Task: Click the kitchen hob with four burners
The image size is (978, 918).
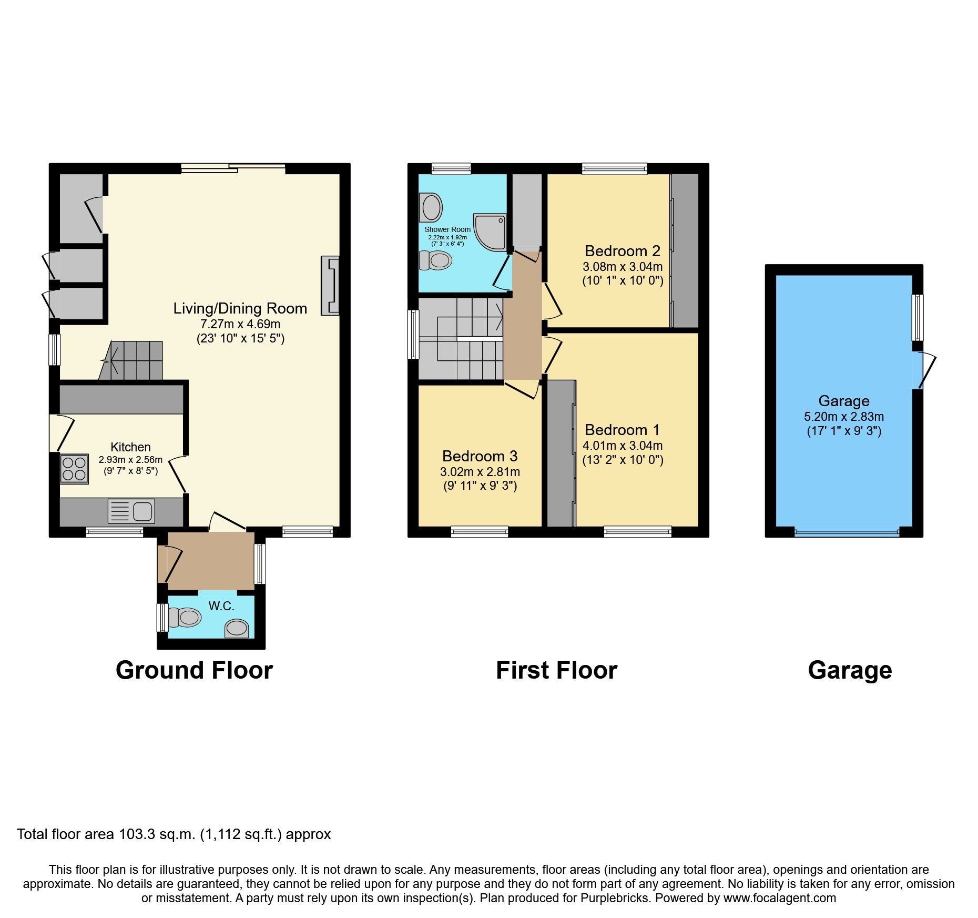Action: (74, 469)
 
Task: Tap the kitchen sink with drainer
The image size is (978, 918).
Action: (131, 511)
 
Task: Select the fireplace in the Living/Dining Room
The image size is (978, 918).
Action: (331, 286)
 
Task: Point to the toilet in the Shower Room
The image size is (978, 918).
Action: (436, 259)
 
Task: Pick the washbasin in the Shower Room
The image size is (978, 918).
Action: (432, 207)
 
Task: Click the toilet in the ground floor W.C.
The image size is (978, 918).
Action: (186, 617)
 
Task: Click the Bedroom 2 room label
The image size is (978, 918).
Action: (622, 251)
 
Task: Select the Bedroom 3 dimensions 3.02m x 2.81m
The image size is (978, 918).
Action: (480, 472)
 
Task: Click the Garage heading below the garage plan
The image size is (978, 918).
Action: (850, 671)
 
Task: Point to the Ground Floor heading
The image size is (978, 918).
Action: (194, 671)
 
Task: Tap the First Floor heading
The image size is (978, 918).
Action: (556, 671)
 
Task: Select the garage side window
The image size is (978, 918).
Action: (918, 317)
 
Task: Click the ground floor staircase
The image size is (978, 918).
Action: (134, 361)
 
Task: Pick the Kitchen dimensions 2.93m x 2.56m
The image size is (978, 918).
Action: (130, 460)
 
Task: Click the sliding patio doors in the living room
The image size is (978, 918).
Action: (233, 168)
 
